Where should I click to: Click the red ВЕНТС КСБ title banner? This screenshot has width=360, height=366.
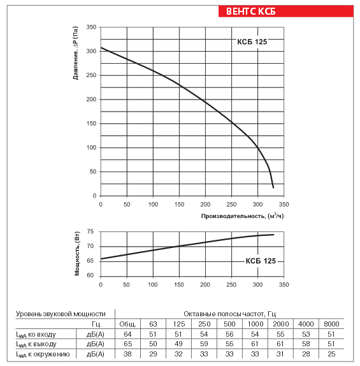point(286,11)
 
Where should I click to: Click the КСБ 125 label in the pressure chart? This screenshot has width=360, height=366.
point(252,42)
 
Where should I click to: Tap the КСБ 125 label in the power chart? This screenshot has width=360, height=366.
point(261,261)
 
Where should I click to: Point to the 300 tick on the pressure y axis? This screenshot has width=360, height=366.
point(91,51)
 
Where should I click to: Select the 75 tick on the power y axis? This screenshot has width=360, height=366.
point(90,231)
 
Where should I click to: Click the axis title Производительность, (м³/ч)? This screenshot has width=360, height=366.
point(242,216)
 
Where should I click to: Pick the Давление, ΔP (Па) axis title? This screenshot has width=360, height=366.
point(75,53)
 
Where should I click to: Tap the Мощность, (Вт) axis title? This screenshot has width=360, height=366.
point(77,254)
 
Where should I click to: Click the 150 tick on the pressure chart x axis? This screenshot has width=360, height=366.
point(179,205)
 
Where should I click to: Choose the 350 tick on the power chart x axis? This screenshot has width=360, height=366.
point(284,285)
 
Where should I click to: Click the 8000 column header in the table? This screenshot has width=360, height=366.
point(331,324)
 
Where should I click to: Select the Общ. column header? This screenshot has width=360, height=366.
point(127,324)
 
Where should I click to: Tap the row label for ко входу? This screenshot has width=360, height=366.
point(36,335)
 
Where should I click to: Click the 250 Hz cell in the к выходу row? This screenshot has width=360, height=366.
point(204,344)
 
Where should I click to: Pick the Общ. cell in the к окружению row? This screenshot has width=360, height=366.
point(127,354)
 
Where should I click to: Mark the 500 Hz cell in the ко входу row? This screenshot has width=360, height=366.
point(229,334)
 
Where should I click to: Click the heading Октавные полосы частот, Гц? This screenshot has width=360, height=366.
point(230,314)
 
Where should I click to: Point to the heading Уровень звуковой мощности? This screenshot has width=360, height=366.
point(61,314)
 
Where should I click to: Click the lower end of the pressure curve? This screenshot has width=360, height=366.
point(273,187)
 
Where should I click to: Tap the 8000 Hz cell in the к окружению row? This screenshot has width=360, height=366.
point(331,354)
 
